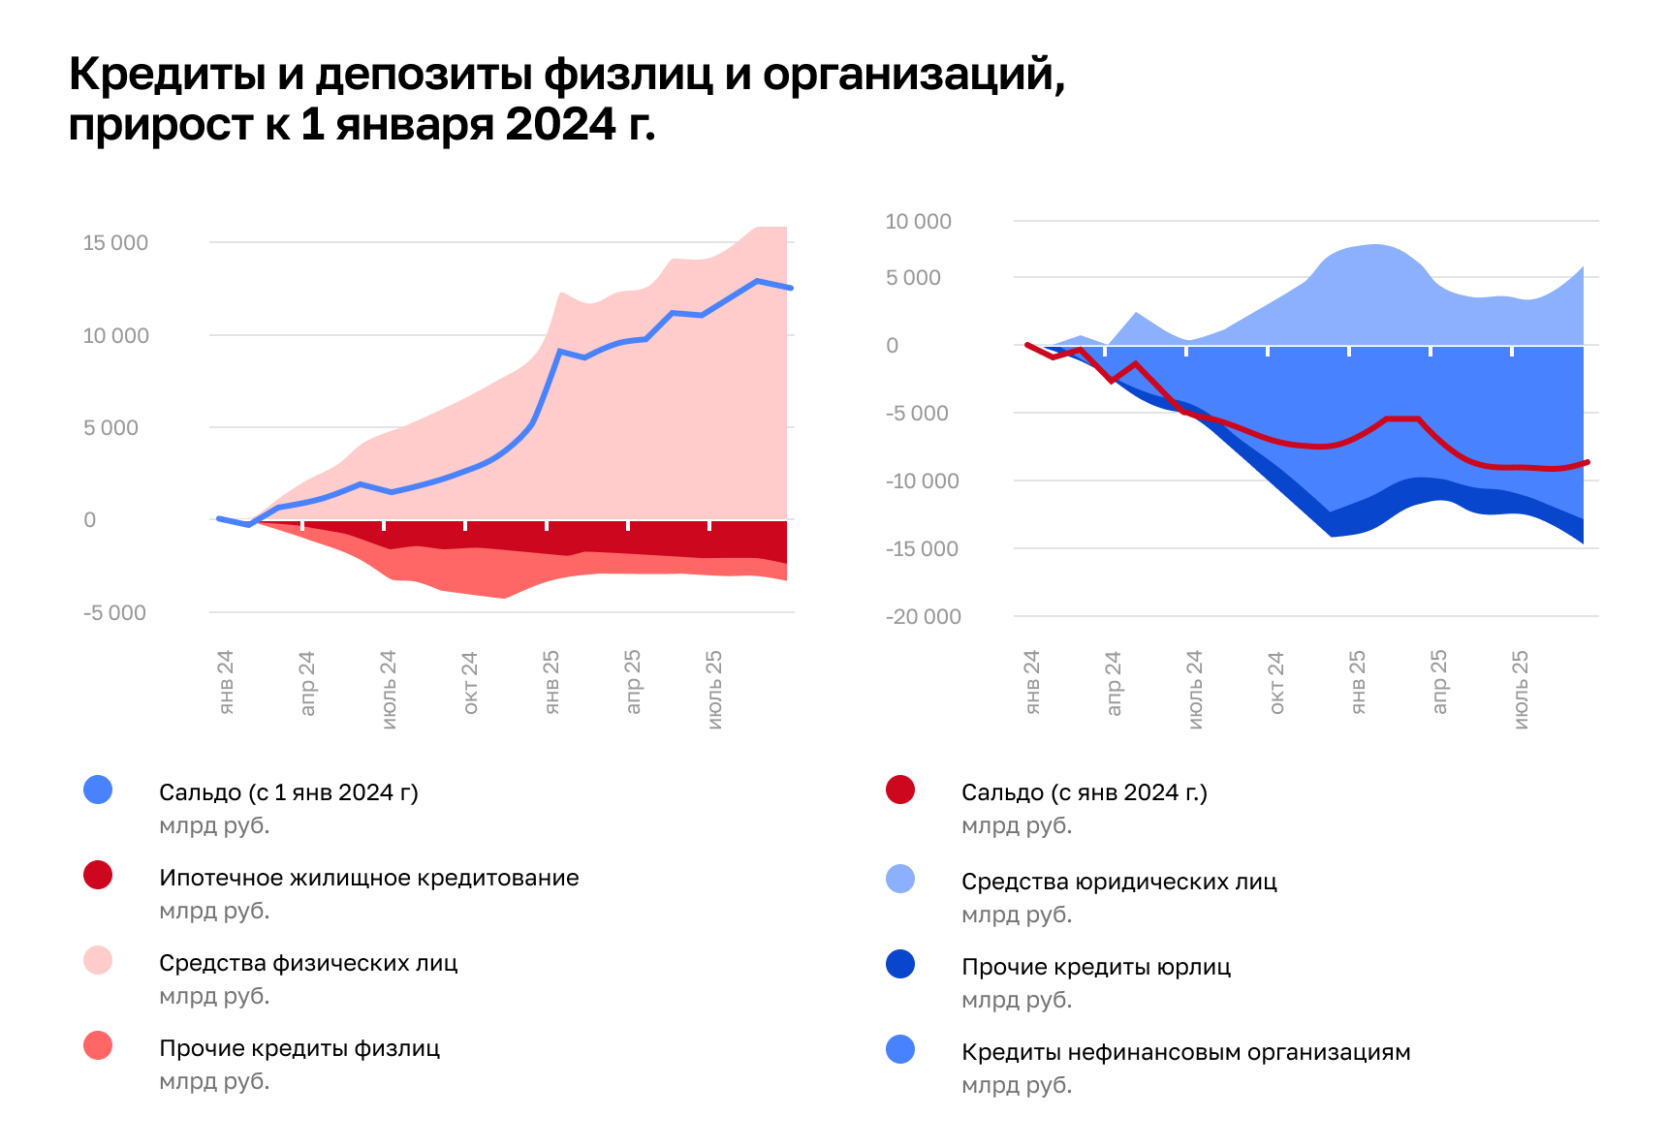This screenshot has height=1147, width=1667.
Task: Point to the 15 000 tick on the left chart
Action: click(x=115, y=243)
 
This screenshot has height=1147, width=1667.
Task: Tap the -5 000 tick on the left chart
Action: click(x=114, y=613)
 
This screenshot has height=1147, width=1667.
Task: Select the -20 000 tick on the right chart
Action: click(x=923, y=617)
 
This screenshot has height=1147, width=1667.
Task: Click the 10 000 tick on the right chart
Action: click(x=918, y=222)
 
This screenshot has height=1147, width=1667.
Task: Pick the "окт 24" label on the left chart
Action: click(x=470, y=683)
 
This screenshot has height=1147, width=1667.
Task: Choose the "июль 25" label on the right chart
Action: click(x=1521, y=689)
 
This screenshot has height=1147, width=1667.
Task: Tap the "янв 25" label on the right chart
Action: click(x=1358, y=682)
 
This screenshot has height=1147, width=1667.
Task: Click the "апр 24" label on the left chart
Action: click(x=307, y=683)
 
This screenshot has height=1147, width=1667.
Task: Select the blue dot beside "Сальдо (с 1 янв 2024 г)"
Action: click(x=98, y=790)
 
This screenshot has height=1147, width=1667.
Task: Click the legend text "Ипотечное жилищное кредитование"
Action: click(x=368, y=878)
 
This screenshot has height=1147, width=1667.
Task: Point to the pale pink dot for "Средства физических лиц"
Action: click(x=98, y=960)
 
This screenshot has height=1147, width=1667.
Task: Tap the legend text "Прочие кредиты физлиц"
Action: click(x=299, y=1048)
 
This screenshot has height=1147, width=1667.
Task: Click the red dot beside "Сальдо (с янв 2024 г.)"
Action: click(x=900, y=790)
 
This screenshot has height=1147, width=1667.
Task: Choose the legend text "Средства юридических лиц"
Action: click(x=1118, y=882)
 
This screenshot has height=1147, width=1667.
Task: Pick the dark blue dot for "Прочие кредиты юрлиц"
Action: click(x=900, y=964)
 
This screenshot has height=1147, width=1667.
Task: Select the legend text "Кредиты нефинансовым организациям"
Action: click(x=1185, y=1052)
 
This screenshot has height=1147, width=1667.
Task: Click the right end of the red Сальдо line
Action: click(x=1588, y=462)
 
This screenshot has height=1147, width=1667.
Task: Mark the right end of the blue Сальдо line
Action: click(x=791, y=288)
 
